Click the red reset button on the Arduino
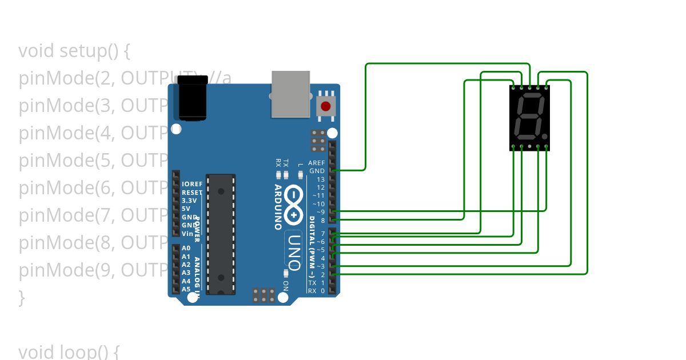tap(325, 106)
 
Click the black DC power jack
tap(193, 98)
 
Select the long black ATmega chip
tap(221, 234)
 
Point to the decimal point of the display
tap(544, 137)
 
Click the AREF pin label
tap(316, 163)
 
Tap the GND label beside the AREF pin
tap(317, 171)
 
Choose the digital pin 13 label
tap(320, 179)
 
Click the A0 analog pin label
tap(186, 248)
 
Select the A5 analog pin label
tap(186, 289)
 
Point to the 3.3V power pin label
tap(189, 201)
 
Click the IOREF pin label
tap(192, 184)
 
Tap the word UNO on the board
tap(294, 251)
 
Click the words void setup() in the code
tap(74, 51)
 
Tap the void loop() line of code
tap(69, 351)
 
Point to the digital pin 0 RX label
tap(316, 291)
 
